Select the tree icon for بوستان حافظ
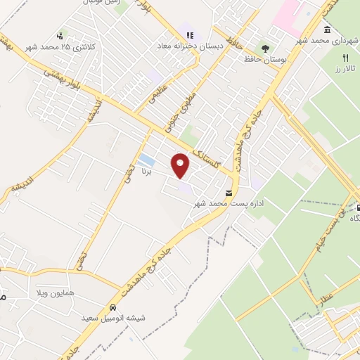pyautogui.click(x=264, y=49)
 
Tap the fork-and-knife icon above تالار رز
pyautogui.click(x=345, y=58)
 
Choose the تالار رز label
pyautogui.click(x=345, y=70)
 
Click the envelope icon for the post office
pyautogui.click(x=229, y=193)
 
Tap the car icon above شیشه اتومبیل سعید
pyautogui.click(x=112, y=307)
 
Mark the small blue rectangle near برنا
pyautogui.click(x=146, y=159)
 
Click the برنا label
pyautogui.click(x=147, y=171)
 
